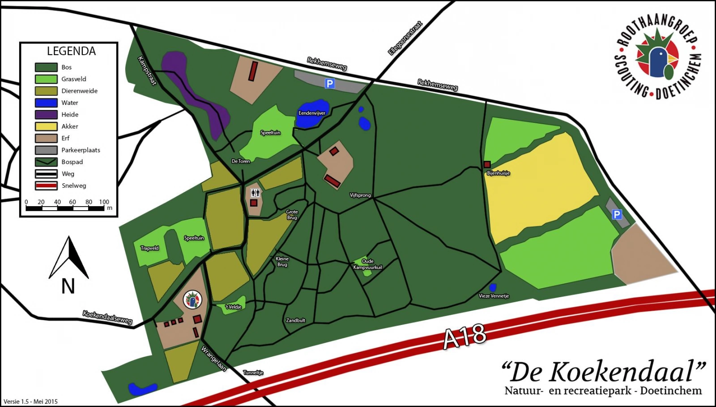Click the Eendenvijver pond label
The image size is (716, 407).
(x=312, y=113)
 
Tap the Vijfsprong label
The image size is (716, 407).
(x=360, y=195)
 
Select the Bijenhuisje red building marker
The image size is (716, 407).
(x=487, y=165)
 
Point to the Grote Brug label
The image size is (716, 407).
(x=292, y=215)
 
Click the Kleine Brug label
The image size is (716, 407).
(x=282, y=262)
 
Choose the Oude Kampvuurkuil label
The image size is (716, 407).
(x=367, y=264)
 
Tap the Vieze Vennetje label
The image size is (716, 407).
(x=494, y=296)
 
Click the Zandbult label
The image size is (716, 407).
(x=295, y=320)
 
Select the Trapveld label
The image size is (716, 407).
(x=149, y=248)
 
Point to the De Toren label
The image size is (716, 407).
(x=241, y=161)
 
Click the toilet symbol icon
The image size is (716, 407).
(x=255, y=193)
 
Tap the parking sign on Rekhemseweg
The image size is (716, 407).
(x=330, y=83)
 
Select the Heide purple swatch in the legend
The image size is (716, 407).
(x=46, y=115)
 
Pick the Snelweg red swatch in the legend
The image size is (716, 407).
(x=46, y=186)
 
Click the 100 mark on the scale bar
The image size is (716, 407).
(x=104, y=202)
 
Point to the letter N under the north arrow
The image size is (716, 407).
(x=68, y=286)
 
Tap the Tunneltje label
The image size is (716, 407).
(x=253, y=372)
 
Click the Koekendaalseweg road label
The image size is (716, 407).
(x=107, y=317)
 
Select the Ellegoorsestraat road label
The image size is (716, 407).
(x=405, y=38)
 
